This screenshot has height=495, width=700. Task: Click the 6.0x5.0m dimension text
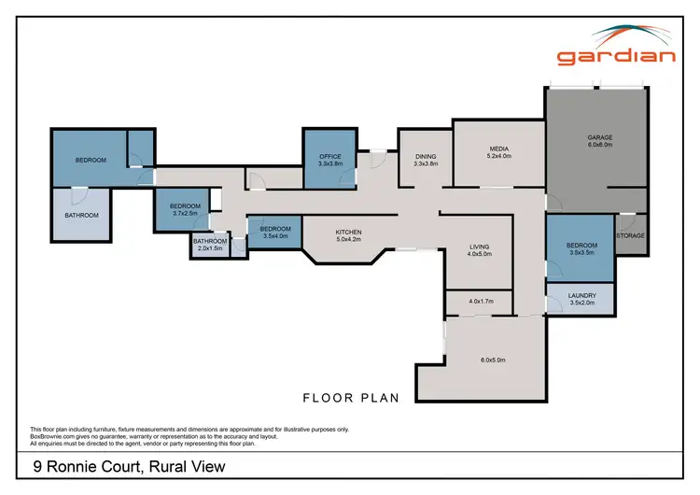click(493, 360)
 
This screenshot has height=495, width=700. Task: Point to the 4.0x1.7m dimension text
click(480, 302)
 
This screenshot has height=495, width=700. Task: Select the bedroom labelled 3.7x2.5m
click(185, 209)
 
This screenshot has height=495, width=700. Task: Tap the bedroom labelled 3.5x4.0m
click(275, 233)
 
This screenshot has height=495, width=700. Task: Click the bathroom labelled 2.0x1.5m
click(210, 245)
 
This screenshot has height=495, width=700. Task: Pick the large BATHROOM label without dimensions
click(81, 215)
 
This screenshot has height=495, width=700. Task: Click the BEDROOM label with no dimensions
click(91, 160)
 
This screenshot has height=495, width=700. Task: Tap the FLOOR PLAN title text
click(351, 398)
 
